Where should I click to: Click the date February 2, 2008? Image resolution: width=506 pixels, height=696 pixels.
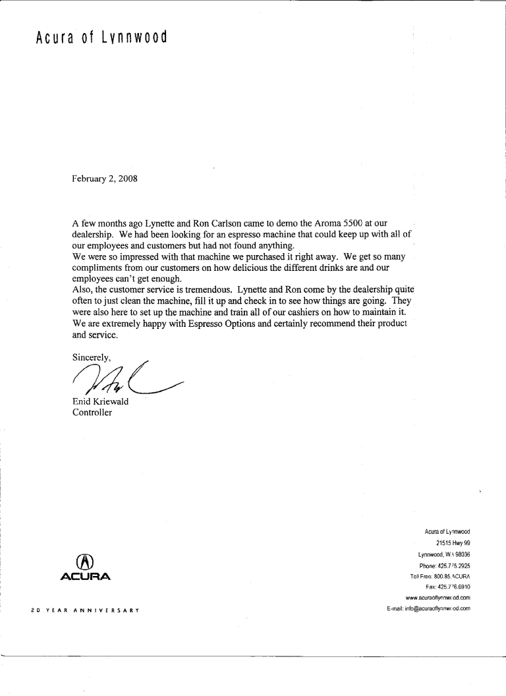point(105,179)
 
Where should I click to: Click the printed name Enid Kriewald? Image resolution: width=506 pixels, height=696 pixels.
point(100,402)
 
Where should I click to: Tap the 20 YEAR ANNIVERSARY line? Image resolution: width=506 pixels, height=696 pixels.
point(83,610)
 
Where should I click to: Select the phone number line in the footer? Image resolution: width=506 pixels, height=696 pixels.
point(443,565)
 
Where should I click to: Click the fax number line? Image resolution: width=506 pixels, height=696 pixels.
point(447,587)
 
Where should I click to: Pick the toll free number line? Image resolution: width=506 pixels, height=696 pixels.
point(439,576)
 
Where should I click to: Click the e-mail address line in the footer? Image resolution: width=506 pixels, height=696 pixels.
point(428,608)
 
